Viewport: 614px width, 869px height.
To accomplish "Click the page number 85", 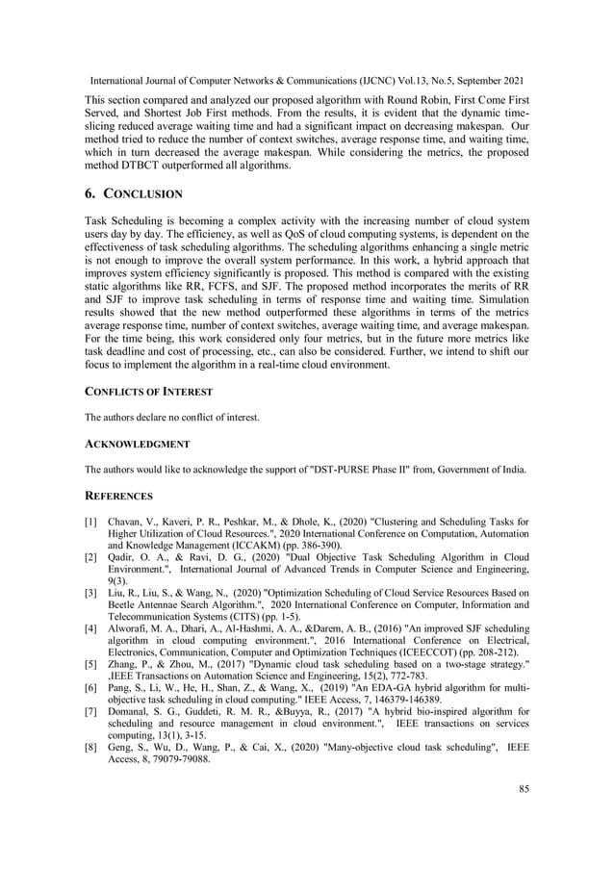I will click(524, 790).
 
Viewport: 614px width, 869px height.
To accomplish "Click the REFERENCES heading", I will click(119, 496).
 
